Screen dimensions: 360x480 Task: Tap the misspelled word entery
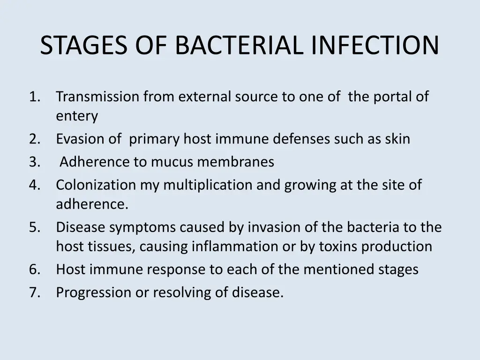[77, 116]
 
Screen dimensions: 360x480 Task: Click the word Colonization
[96, 185]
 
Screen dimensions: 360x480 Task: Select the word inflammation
[231, 247]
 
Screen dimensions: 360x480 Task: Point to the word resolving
[179, 293]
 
